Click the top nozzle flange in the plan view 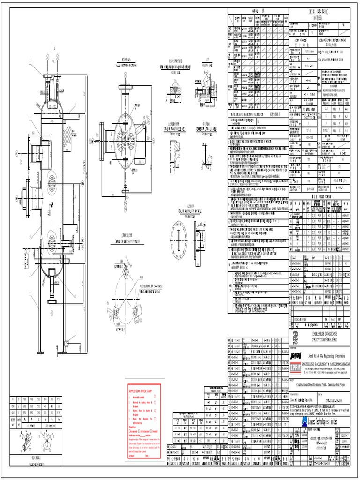125,87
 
